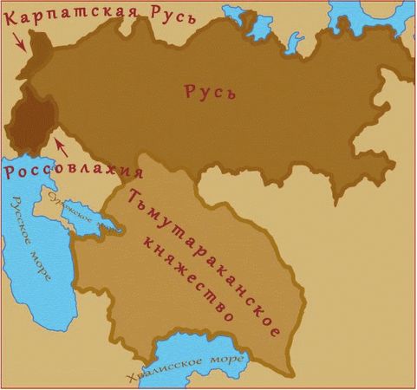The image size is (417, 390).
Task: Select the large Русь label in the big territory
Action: point(211,93)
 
